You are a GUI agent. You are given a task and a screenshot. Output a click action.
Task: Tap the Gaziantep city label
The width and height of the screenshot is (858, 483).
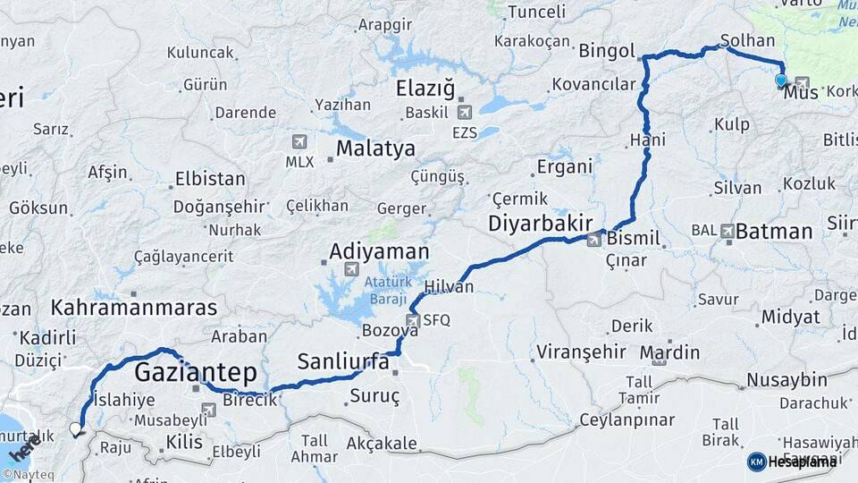pyautogui.click(x=196, y=372)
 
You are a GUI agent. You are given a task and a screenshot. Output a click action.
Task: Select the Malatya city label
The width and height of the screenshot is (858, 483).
pyautogui.click(x=375, y=148)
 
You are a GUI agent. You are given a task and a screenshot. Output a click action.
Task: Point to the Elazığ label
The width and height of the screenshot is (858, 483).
pyautogui.click(x=425, y=89)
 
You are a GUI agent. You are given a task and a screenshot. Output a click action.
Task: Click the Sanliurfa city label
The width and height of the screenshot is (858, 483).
pyautogui.click(x=343, y=361)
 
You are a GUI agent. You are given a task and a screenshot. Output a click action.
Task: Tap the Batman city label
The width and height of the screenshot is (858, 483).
pyautogui.click(x=774, y=232)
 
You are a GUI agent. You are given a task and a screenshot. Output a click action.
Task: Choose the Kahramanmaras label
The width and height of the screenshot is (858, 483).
pyautogui.click(x=134, y=308)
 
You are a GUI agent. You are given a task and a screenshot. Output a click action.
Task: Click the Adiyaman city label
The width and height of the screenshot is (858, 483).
pyautogui.click(x=379, y=251)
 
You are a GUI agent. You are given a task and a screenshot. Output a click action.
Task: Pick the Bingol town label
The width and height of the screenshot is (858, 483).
pyautogui.click(x=607, y=50)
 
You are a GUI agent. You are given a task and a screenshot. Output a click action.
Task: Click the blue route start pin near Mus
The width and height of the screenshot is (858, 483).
pyautogui.click(x=781, y=80)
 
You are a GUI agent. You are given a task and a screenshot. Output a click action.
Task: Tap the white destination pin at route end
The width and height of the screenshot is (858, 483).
pyautogui.click(x=76, y=429)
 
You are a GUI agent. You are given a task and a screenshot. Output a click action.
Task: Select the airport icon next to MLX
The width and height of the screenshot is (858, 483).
pyautogui.click(x=299, y=141)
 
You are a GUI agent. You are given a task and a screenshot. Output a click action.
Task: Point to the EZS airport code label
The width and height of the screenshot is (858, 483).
pyautogui.click(x=464, y=132)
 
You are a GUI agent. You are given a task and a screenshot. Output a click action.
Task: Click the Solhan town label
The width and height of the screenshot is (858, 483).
pyautogui.click(x=742, y=41)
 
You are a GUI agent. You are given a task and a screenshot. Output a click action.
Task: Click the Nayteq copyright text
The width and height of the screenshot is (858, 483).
pyautogui.click(x=30, y=475)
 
